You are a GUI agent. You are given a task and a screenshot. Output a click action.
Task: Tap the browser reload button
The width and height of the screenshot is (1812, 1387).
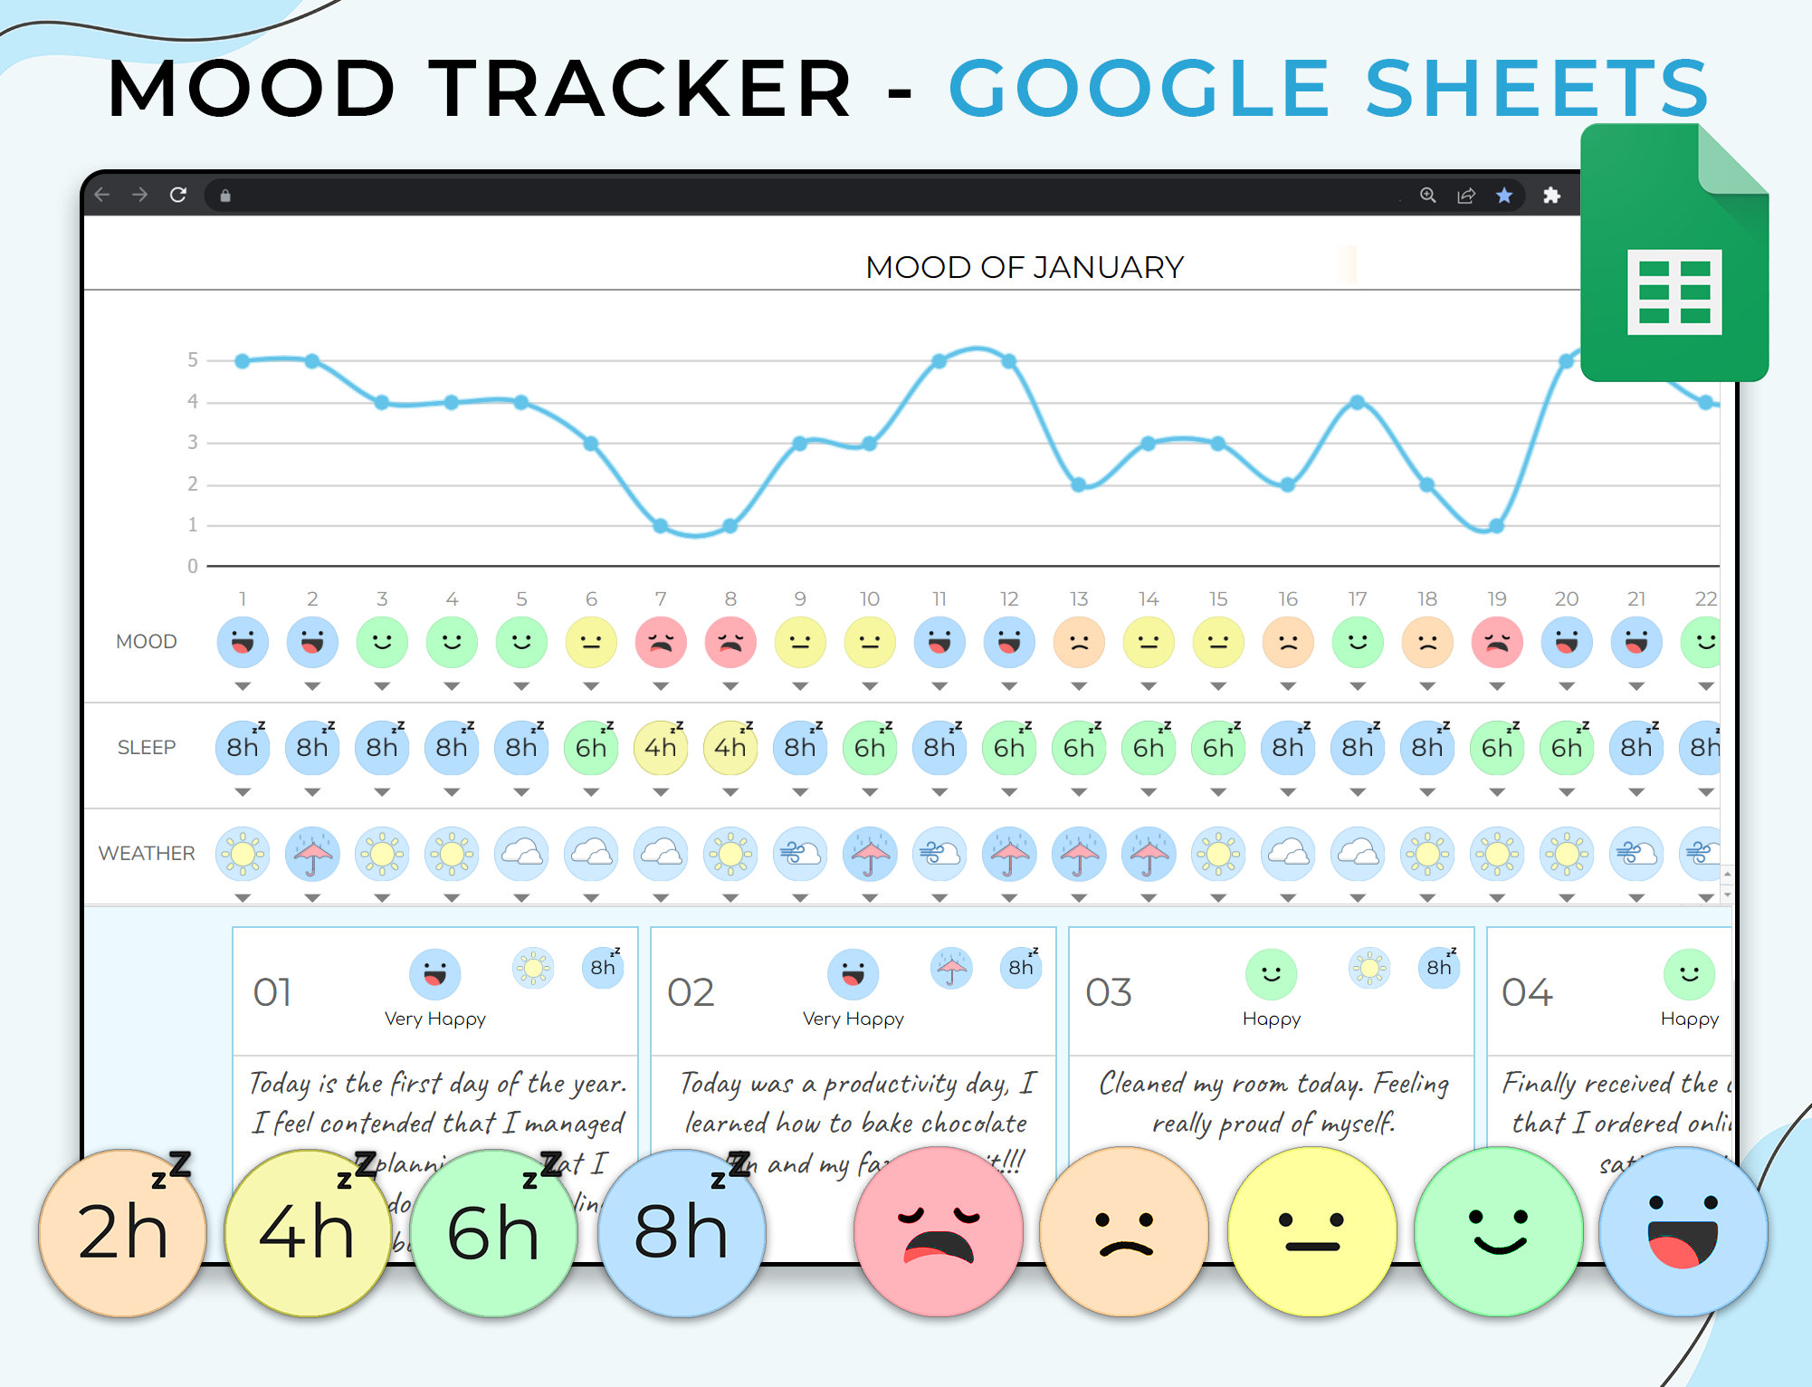178,195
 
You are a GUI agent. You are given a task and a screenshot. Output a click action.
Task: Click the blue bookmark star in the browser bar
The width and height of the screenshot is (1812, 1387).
1504,196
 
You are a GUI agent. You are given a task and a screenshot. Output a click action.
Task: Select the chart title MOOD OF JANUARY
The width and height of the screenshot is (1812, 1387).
1024,267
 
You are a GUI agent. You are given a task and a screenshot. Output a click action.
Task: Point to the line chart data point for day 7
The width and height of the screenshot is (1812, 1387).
661,526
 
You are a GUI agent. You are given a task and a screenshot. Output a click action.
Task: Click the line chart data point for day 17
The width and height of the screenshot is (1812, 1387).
1357,402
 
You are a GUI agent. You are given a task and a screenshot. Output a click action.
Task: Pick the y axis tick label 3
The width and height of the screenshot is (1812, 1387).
192,443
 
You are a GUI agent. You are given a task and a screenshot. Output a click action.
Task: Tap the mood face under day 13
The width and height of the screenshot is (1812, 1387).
1079,642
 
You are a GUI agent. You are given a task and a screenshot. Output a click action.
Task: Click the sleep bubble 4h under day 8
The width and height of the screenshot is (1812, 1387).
730,748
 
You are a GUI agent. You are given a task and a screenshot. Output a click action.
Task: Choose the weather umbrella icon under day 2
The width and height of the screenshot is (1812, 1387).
312,854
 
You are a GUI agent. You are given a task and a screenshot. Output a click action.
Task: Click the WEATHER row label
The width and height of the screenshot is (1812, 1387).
147,854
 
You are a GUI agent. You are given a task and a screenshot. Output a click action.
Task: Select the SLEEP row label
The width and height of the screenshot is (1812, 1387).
147,748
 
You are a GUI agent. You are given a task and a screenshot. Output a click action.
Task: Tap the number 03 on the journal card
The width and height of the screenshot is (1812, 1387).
1108,993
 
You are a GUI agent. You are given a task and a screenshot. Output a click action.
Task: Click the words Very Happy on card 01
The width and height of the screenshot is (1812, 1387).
434,1019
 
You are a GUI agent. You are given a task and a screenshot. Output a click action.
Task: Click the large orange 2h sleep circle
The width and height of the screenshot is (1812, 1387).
123,1233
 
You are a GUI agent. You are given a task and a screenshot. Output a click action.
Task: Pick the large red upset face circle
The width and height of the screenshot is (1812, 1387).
938,1233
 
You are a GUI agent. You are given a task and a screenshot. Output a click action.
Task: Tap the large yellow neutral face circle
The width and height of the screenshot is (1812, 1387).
1311,1233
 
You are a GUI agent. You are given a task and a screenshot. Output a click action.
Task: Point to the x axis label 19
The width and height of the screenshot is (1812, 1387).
1496,599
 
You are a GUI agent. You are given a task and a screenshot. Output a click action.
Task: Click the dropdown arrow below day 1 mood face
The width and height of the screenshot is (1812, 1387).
243,686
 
